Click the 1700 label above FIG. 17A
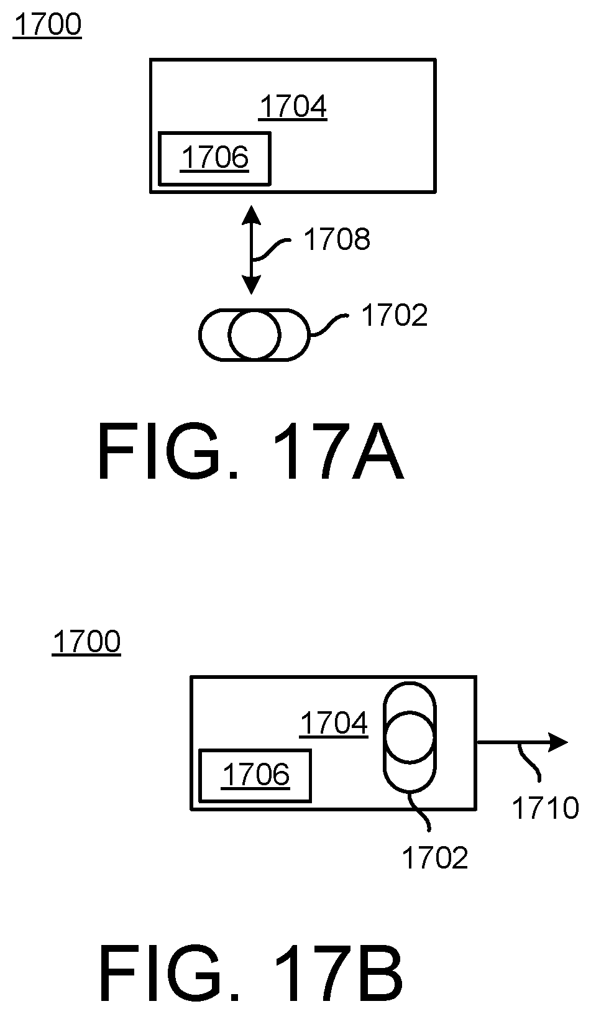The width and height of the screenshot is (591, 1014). [x=47, y=25]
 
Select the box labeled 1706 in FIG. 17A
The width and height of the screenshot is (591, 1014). [x=214, y=159]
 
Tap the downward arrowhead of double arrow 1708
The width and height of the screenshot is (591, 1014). [x=251, y=285]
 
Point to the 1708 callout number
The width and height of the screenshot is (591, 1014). [x=336, y=239]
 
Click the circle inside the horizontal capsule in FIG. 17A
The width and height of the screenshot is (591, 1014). [x=254, y=335]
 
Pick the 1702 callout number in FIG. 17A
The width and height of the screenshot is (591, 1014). [x=395, y=316]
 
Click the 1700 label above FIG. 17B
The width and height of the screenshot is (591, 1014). [x=86, y=642]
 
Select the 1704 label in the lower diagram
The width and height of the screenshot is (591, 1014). [x=334, y=724]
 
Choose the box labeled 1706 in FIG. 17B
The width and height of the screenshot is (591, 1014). [x=255, y=775]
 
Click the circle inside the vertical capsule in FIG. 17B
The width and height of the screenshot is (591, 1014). [x=410, y=737]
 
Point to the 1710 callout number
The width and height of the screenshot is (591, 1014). [x=545, y=808]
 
